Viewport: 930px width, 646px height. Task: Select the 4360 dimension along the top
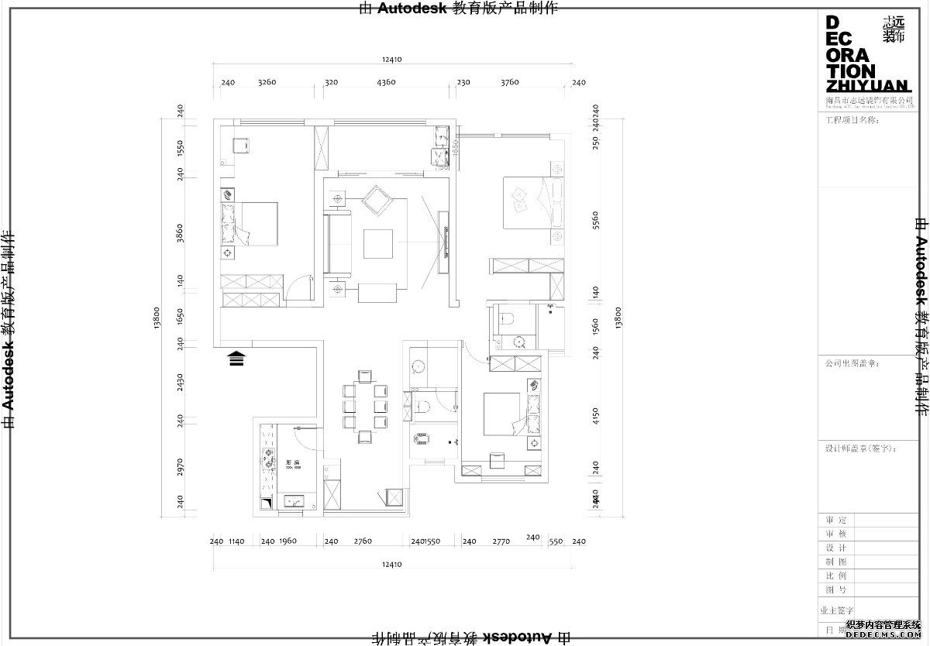pyautogui.click(x=385, y=82)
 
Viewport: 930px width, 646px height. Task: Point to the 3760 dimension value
pyautogui.click(x=509, y=82)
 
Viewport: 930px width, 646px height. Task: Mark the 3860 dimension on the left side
pyautogui.click(x=180, y=233)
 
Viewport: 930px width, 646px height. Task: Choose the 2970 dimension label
pyautogui.click(x=180, y=467)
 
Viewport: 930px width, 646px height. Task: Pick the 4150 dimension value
pyautogui.click(x=596, y=417)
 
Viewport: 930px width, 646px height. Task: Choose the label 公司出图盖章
pyautogui.click(x=852, y=362)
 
